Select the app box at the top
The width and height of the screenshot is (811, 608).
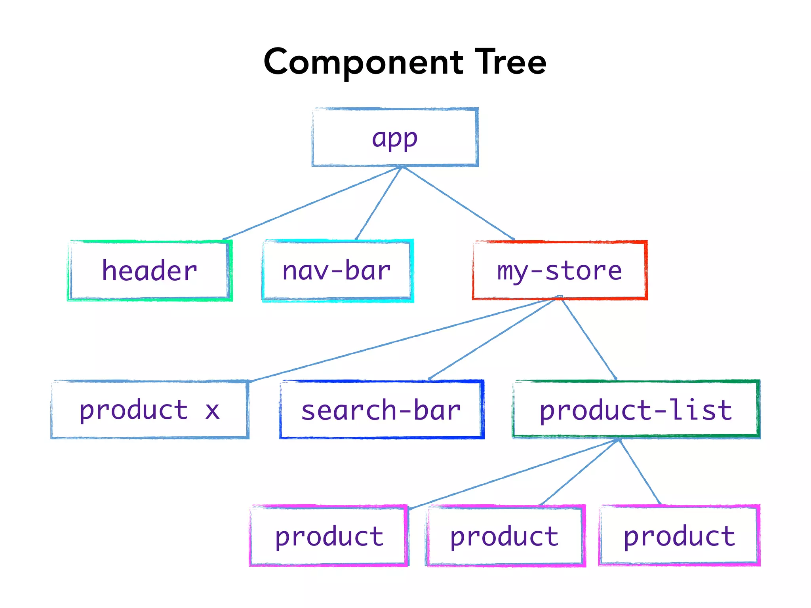[395, 137]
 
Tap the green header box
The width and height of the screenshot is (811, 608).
[150, 271]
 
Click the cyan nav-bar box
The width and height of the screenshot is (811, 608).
[337, 271]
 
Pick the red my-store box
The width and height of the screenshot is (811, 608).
[560, 271]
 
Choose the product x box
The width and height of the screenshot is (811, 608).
[150, 410]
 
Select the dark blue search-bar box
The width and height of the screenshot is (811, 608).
[381, 410]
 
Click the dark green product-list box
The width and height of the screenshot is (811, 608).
[636, 410]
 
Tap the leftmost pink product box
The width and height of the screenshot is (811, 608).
[329, 536]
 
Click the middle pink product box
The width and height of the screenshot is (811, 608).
[504, 536]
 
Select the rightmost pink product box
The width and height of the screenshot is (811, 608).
[679, 536]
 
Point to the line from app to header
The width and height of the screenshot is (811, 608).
[313, 203]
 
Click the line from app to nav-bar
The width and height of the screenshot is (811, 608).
[379, 203]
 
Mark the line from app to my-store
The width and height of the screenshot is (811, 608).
[459, 203]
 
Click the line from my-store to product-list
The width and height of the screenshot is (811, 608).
[589, 339]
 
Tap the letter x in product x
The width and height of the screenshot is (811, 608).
[212, 411]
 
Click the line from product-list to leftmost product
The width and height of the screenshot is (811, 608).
[514, 473]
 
